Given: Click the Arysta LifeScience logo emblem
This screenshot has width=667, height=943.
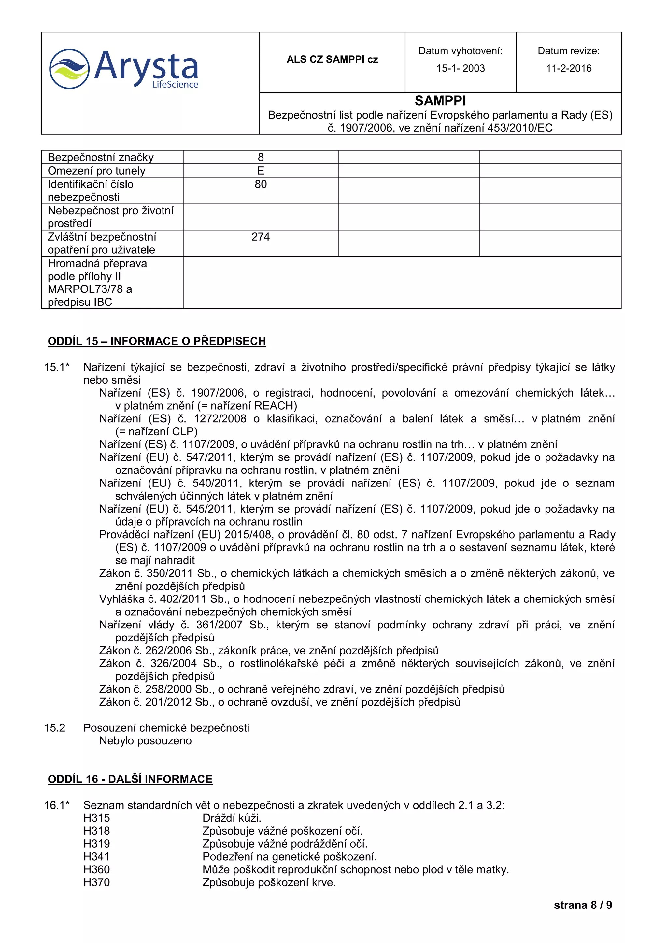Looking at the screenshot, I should click(x=69, y=69).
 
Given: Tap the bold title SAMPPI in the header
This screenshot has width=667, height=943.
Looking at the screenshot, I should click(x=440, y=101).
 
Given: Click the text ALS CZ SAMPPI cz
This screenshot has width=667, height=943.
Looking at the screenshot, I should click(x=332, y=60).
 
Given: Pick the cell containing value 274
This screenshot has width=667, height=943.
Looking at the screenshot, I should click(x=261, y=237).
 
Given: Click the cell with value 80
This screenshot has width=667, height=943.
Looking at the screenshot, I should click(x=261, y=184).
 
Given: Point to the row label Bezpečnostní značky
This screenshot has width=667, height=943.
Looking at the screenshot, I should click(x=101, y=157).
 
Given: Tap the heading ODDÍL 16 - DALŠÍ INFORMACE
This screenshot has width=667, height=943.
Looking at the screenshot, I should click(x=130, y=779).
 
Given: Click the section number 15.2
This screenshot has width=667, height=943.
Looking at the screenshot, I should click(x=55, y=728).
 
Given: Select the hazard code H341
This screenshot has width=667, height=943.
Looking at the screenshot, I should click(x=96, y=857).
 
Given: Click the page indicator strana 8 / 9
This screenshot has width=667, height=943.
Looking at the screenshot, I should click(x=582, y=905).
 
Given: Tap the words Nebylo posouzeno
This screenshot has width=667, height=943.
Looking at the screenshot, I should click(x=145, y=741).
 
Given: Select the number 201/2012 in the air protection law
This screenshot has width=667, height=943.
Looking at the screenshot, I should click(x=168, y=702).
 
